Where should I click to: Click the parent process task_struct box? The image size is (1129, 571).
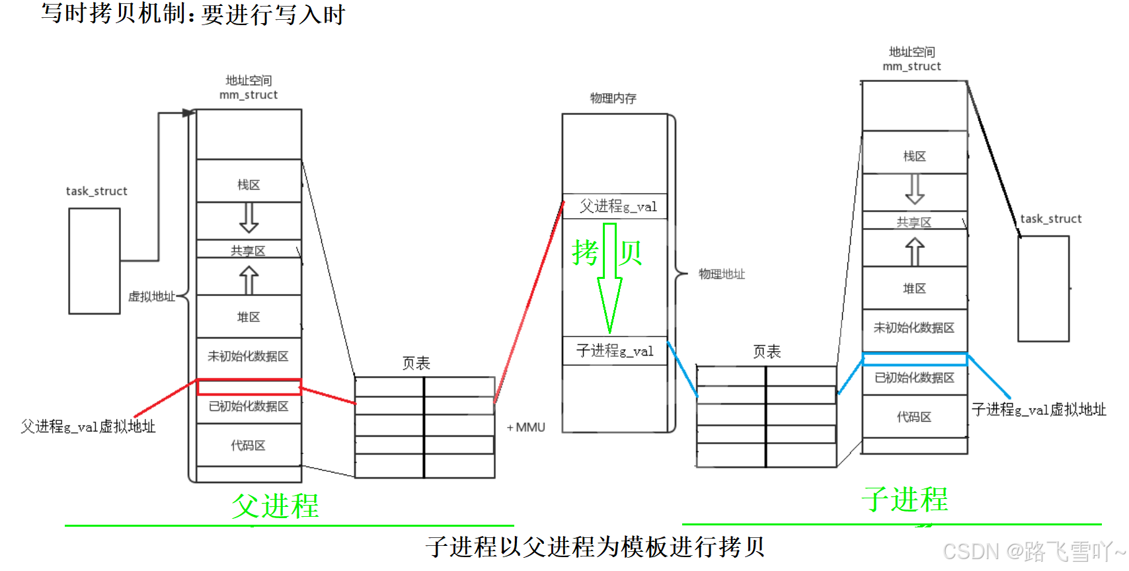coord(95,261)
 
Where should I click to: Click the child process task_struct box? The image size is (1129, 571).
coord(1043,289)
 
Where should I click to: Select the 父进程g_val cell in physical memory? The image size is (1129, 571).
coord(615,206)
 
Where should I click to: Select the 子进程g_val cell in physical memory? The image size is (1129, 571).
coord(615,351)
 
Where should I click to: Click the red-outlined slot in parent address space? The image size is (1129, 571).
coord(249,387)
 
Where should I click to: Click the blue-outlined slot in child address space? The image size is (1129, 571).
coord(915,360)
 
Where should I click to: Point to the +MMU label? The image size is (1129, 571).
coord(526,428)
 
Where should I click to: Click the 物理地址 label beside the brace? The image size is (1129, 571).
coord(721,274)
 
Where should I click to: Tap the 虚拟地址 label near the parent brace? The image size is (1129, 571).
coord(151,297)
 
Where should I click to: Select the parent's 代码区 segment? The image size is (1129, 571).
coord(249,445)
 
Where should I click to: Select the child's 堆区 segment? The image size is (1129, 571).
coord(915,289)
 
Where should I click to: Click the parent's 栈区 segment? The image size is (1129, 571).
coord(249,185)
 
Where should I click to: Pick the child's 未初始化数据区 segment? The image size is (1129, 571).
coord(915,328)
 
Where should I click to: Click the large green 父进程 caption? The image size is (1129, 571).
coord(275,506)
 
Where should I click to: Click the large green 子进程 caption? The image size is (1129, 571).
coord(905,500)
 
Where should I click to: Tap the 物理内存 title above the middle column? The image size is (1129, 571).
coord(613,98)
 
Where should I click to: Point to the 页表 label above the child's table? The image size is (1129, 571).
coord(767,352)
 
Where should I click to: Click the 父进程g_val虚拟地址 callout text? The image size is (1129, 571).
coord(88,427)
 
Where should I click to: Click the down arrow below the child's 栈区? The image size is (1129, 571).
coord(915,190)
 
